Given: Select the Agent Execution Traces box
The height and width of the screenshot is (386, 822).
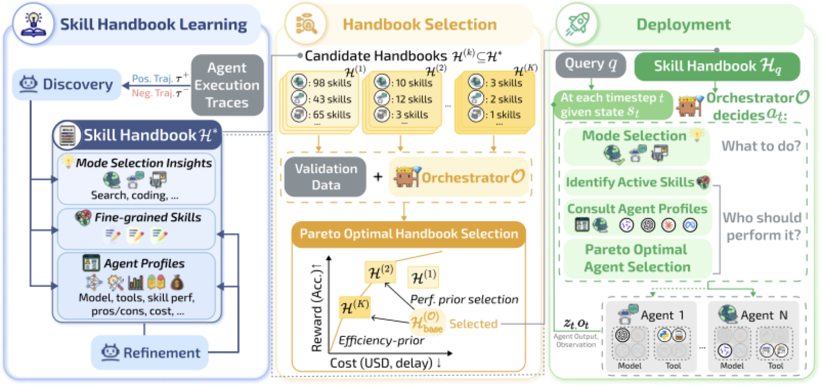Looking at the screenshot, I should [x=227, y=85].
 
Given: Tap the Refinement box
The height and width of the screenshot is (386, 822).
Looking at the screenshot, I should [x=150, y=353].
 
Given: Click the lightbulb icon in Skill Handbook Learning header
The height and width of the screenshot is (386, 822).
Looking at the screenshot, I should [x=33, y=24].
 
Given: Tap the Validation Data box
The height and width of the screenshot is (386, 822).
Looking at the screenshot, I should [x=325, y=177].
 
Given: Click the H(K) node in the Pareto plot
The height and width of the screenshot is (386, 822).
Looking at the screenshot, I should [x=354, y=307].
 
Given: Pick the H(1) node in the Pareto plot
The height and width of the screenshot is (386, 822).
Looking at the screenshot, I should [x=423, y=277].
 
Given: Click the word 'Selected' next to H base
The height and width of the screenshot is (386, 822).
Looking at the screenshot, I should [x=473, y=324].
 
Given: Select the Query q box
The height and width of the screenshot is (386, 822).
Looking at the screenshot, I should [x=590, y=64].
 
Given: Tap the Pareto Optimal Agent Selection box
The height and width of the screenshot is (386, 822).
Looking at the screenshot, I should [x=637, y=258].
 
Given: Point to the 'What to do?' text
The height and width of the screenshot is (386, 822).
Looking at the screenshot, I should [x=761, y=146].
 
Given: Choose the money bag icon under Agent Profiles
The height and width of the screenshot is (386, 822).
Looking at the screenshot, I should [x=177, y=282].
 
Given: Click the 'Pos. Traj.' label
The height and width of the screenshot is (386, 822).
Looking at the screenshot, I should [x=152, y=79].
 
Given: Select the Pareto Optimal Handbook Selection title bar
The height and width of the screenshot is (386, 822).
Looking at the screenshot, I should [x=408, y=234].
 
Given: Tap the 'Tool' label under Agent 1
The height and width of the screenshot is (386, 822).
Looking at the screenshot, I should [x=673, y=366].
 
